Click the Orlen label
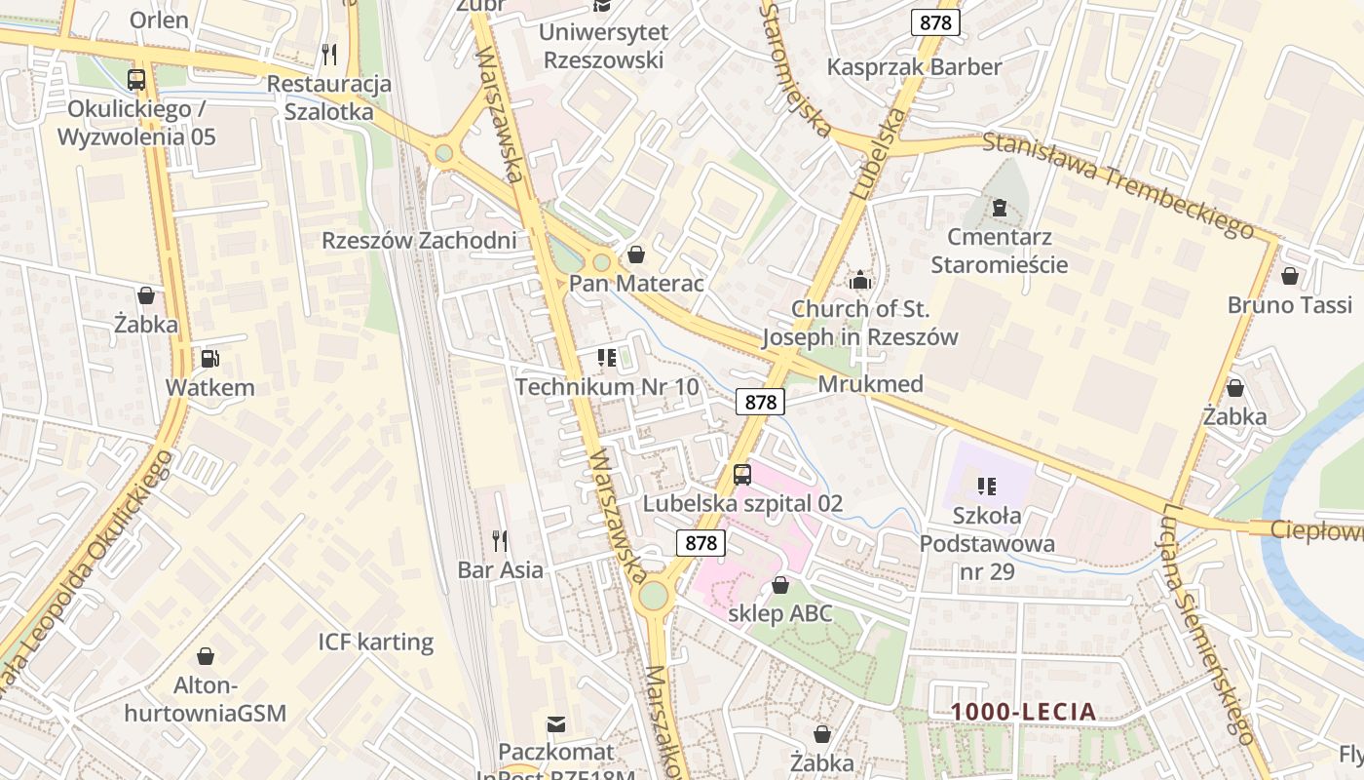pos(159,19)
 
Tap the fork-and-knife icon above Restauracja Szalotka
pos(329,54)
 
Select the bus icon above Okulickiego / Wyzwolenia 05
pos(136,80)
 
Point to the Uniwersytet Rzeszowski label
pos(603,46)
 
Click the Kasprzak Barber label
pos(914,67)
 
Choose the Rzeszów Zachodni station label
pos(419,240)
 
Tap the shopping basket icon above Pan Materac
pos(636,254)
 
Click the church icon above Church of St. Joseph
pos(860,281)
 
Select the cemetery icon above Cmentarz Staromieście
pos(999,208)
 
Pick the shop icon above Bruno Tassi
pos(1290,276)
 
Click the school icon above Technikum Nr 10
pos(607,358)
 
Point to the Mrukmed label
pos(870,383)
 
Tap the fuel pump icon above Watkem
pos(209,359)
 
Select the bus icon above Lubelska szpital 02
pos(742,475)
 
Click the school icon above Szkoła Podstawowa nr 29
pos(987,486)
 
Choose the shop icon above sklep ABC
pos(779,585)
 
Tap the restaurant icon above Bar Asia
pos(500,540)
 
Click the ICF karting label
pos(375,642)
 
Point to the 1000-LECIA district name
pos(1024,712)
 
